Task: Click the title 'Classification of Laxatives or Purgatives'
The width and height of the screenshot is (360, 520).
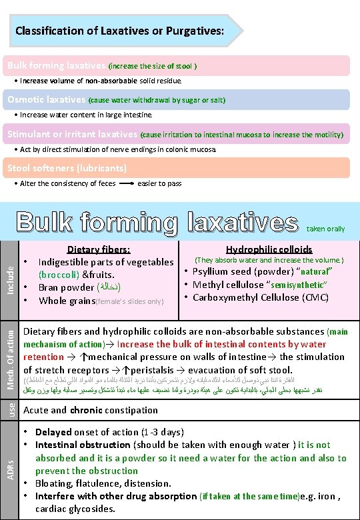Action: (x=119, y=31)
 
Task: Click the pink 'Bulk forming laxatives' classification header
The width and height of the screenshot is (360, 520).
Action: (x=56, y=65)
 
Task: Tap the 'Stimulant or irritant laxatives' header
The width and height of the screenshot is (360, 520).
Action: (x=72, y=134)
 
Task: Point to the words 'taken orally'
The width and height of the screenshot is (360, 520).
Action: (x=326, y=229)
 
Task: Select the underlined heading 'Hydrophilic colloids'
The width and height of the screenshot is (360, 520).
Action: (x=269, y=249)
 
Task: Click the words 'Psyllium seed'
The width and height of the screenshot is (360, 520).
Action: (x=223, y=272)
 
